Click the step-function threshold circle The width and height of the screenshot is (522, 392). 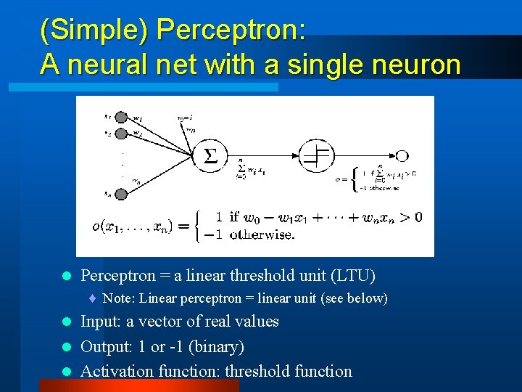click(x=316, y=155)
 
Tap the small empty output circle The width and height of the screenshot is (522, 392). click(x=402, y=155)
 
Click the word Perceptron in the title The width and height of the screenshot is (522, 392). click(x=231, y=30)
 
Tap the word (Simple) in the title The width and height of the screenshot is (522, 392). click(x=94, y=30)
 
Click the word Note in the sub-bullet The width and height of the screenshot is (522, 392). click(x=117, y=298)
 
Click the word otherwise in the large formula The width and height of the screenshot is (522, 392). click(x=261, y=234)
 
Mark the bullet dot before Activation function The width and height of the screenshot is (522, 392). click(x=66, y=372)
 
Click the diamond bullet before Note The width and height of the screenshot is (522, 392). click(x=94, y=298)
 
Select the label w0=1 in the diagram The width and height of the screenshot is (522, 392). click(x=185, y=116)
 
